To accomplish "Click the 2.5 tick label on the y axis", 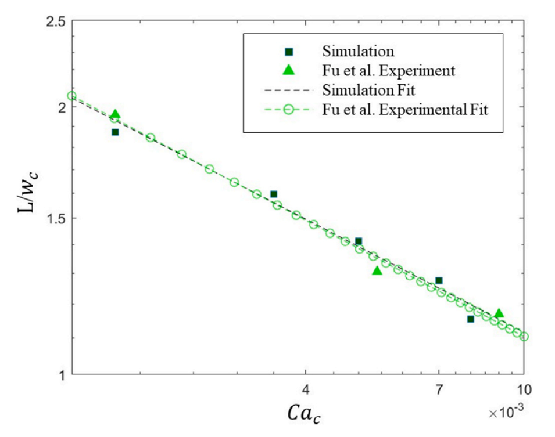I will pyautogui.click(x=53, y=21).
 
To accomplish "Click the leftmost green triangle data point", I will pyautogui.click(x=115, y=115).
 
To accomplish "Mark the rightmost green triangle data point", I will pyautogui.click(x=499, y=313).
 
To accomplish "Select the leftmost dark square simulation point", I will pyautogui.click(x=115, y=132).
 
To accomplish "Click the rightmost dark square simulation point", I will pyautogui.click(x=470, y=319).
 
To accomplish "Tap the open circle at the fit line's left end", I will pyautogui.click(x=71, y=96).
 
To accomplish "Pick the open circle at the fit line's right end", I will pyautogui.click(x=524, y=337).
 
